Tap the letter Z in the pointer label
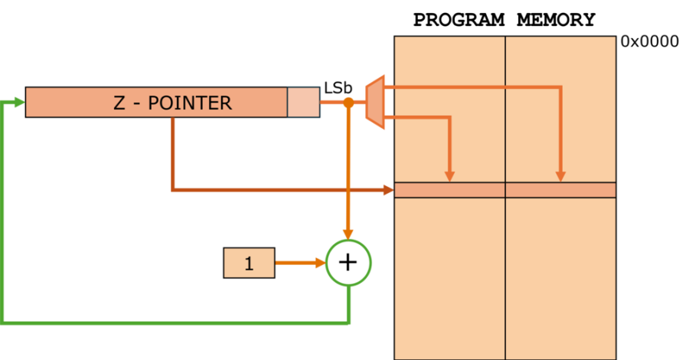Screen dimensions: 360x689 [x=119, y=103]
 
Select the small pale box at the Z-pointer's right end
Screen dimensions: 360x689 [x=303, y=102]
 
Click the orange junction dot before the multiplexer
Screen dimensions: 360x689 [x=348, y=102]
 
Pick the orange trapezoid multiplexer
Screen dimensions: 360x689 [x=374, y=102]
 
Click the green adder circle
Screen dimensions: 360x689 [x=348, y=263]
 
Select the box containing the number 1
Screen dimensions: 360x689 [x=249, y=263]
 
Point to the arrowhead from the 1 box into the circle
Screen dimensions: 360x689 [x=319, y=263]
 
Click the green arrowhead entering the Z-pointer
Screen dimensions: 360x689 [x=19, y=102]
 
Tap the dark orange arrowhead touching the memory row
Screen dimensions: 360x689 [x=388, y=189]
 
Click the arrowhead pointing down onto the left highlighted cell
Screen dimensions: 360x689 [x=449, y=176]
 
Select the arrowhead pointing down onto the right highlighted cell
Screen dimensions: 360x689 [x=560, y=176]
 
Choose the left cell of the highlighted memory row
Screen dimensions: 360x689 [x=449, y=190]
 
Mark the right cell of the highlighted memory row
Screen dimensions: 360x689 [x=560, y=190]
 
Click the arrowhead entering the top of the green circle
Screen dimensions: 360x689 [x=348, y=234]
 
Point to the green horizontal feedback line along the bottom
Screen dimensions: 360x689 [x=176, y=322]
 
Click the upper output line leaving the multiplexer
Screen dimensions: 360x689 [x=475, y=87]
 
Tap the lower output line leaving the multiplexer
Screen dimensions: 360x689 [x=421, y=117]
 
